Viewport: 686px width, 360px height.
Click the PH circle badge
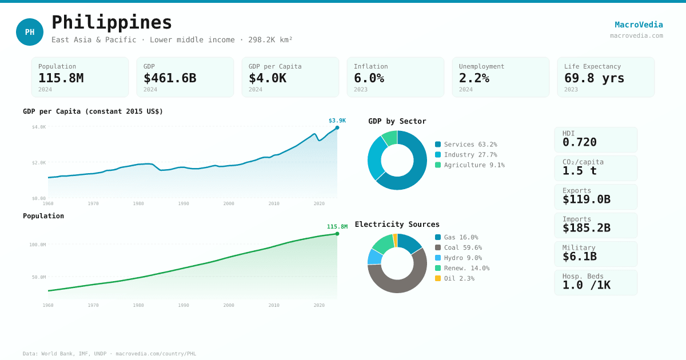tap(30, 32)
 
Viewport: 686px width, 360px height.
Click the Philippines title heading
tap(112, 22)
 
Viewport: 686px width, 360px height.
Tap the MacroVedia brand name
tap(639, 25)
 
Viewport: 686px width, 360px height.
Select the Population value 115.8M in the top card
tap(61, 78)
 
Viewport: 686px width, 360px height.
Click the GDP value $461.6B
tap(170, 78)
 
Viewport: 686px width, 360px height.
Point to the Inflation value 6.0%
tap(369, 78)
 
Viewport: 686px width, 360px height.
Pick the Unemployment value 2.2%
tap(474, 78)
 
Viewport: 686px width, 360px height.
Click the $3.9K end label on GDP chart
tap(337, 121)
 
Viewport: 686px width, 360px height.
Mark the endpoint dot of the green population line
tap(337, 234)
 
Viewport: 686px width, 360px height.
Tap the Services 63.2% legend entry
tap(466, 145)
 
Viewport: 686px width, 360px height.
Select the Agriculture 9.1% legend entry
tap(470, 165)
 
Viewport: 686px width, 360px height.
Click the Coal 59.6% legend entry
tap(458, 247)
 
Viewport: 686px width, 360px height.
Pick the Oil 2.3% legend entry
tap(454, 278)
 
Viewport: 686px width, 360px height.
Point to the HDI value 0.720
tap(580, 142)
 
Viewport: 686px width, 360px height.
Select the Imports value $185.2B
tap(587, 228)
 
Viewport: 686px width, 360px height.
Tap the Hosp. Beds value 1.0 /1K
tap(587, 285)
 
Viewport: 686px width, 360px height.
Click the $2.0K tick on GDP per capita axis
tap(39, 163)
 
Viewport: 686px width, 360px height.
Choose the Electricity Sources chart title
tap(397, 225)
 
